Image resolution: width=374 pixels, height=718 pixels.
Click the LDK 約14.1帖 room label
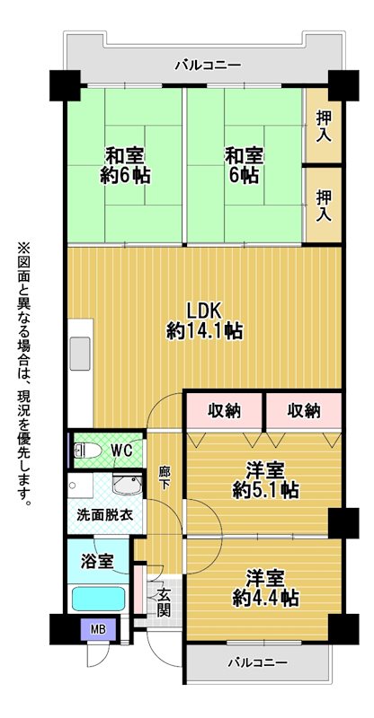click(204, 320)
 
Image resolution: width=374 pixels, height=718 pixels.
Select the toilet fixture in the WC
click(87, 451)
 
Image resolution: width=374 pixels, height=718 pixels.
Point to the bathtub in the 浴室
click(98, 599)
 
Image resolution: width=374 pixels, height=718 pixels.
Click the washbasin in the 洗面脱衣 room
click(127, 485)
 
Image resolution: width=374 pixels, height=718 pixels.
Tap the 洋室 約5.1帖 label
click(265, 480)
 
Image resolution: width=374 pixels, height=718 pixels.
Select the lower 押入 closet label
click(324, 206)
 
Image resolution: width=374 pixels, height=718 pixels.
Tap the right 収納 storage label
click(304, 411)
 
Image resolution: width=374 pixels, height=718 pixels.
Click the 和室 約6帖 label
click(126, 165)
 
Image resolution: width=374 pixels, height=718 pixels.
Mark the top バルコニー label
click(209, 66)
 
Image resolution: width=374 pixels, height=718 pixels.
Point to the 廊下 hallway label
click(164, 478)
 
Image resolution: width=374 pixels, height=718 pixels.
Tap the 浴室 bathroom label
click(98, 561)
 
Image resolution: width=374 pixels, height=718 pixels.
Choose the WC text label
click(121, 451)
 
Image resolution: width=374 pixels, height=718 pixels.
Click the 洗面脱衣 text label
click(104, 515)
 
